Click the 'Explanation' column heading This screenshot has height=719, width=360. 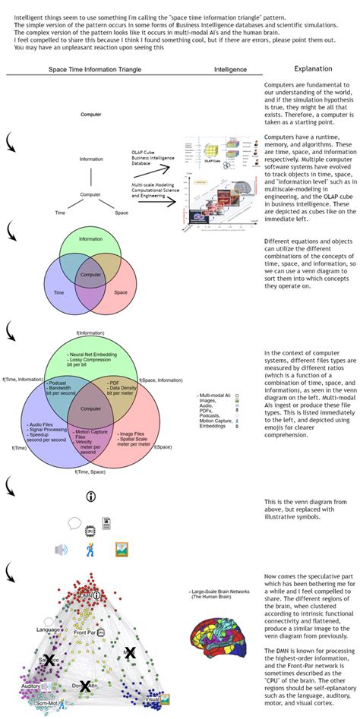point(311,68)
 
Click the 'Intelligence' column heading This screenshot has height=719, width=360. point(231,69)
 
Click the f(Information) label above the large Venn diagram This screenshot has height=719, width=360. point(90,333)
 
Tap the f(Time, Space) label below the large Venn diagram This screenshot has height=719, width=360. point(90,471)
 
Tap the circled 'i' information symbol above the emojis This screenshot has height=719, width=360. point(91,497)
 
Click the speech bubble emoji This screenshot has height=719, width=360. point(74,522)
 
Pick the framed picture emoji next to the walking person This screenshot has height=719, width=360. point(121,549)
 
